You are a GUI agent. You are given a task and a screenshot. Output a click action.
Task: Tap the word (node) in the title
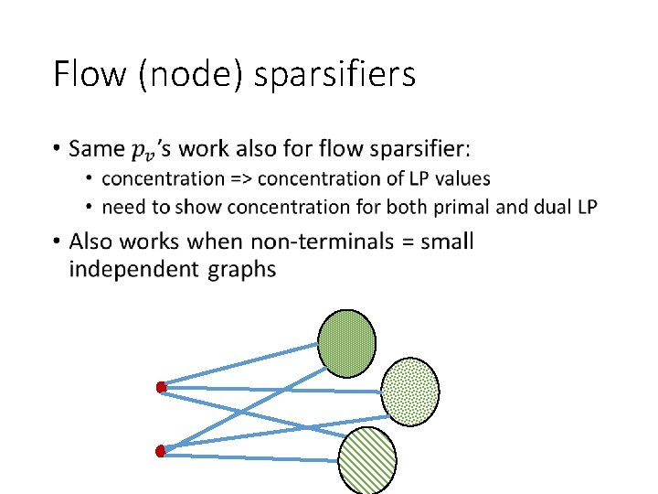coord(189,75)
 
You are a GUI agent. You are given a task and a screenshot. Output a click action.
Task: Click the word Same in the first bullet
coord(99,148)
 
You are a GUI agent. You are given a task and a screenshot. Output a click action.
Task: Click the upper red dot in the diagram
coord(161,388)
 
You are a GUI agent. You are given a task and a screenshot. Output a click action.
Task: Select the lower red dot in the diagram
coord(161,450)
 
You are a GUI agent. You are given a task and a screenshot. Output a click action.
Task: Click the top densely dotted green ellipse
coord(346,344)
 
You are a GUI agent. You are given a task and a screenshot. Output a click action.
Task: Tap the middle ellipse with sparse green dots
coord(409,391)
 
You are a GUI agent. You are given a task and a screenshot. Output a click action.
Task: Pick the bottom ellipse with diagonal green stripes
coord(367,460)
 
